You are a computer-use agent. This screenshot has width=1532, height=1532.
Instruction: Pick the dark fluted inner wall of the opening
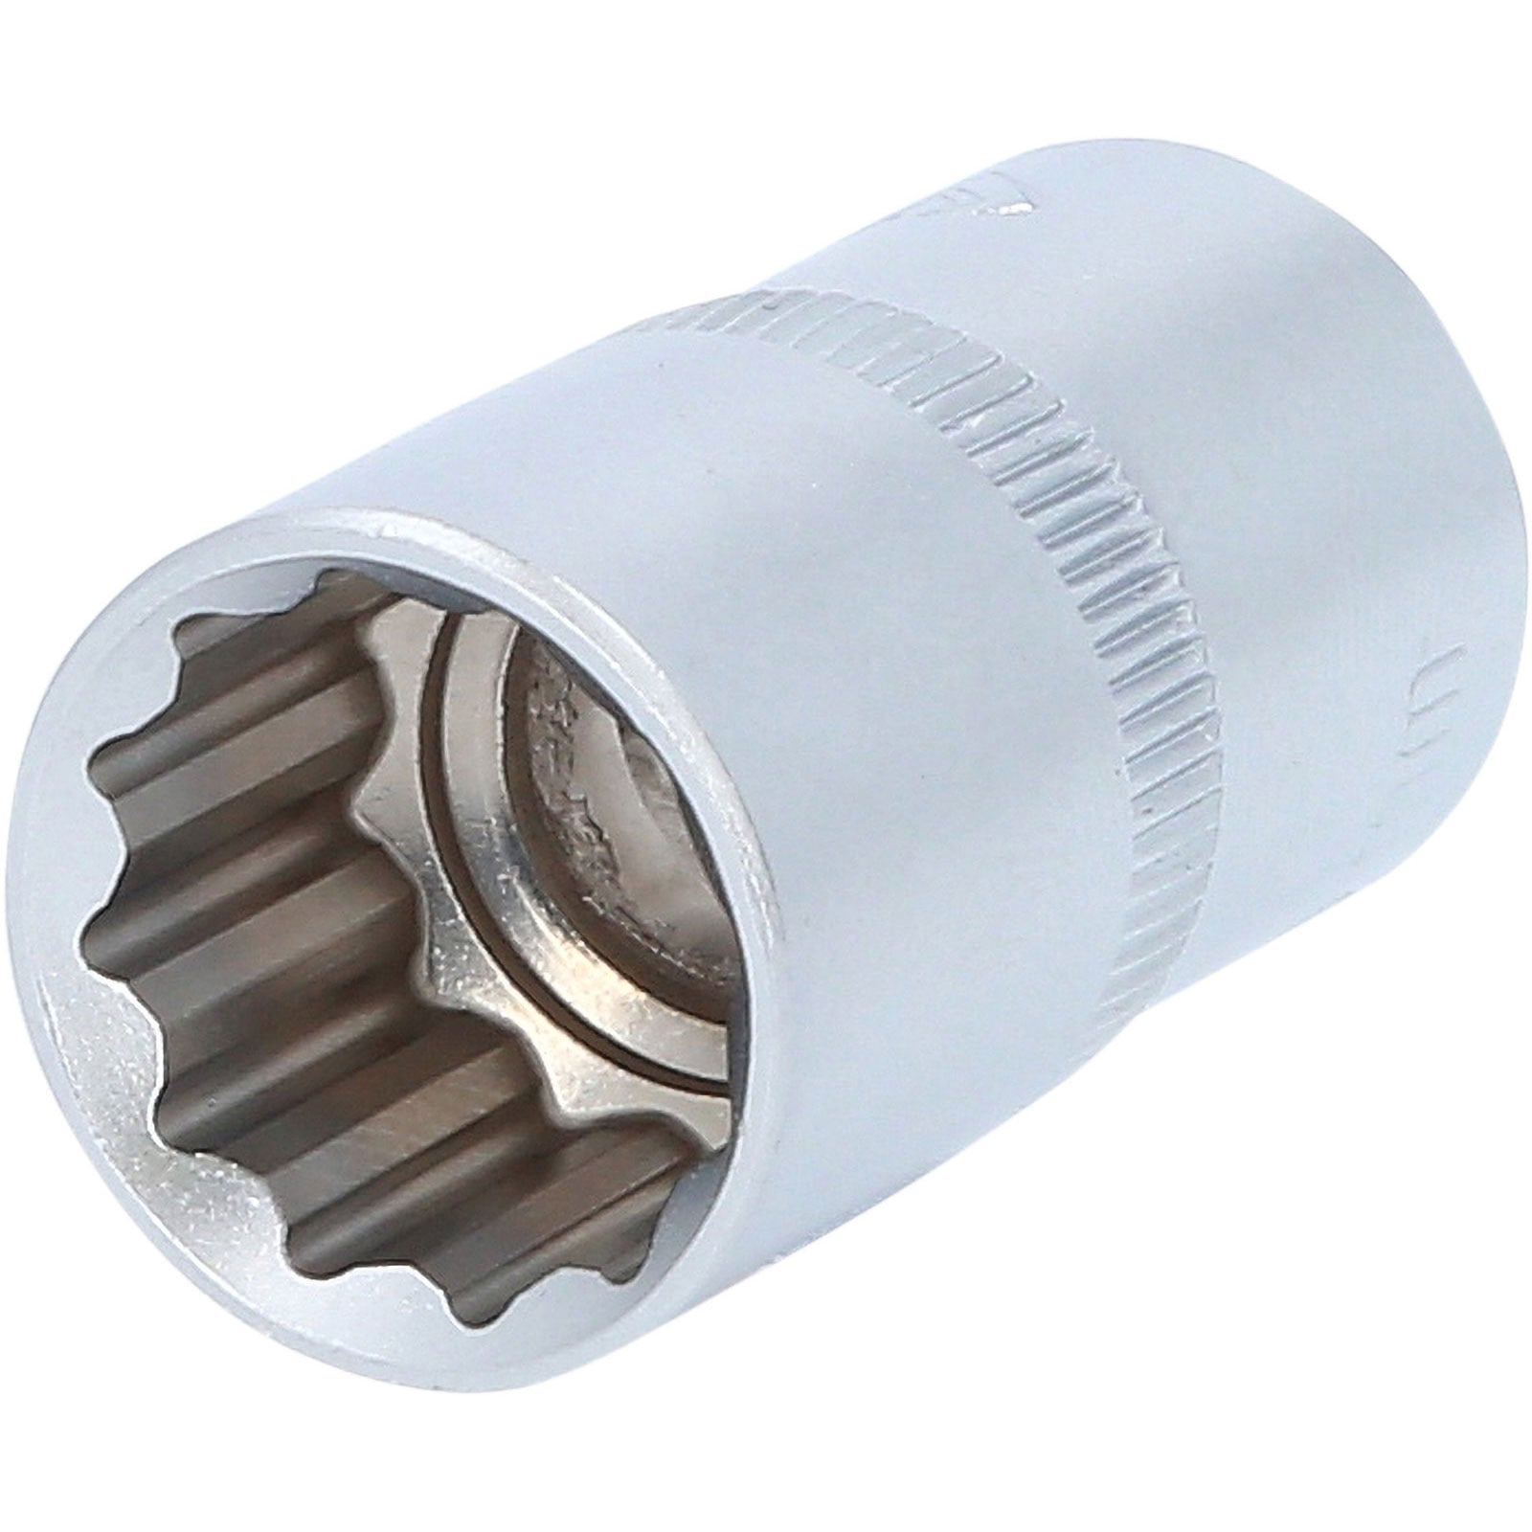click(x=239, y=862)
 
